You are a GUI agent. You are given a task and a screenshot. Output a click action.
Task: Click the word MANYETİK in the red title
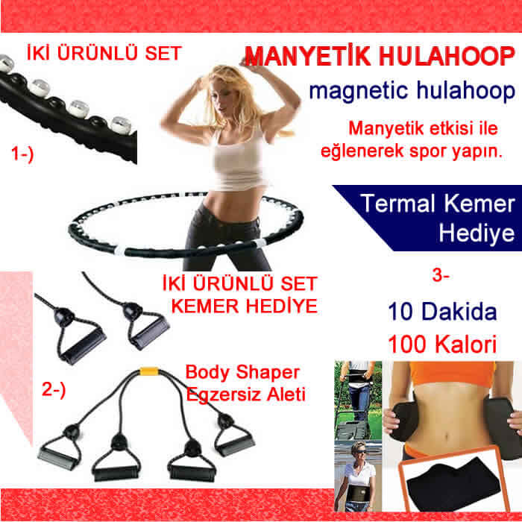pos(307,57)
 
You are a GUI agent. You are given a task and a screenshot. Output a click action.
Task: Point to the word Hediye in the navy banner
pos(477,233)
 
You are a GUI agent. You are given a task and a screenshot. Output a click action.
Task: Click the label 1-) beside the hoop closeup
pos(22,154)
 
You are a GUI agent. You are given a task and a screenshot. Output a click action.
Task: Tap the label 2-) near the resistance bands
pos(54,389)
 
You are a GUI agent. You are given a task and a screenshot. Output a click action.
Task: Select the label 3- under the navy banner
pos(441,275)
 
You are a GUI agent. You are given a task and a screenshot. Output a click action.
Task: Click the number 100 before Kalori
pos(407,345)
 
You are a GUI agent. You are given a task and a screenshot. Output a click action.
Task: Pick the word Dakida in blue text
pos(459,312)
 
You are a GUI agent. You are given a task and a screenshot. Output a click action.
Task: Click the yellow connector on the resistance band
pos(149,371)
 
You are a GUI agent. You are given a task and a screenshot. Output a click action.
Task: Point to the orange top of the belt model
pos(451,373)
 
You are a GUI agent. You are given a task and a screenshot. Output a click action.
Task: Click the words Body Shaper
pos(242,372)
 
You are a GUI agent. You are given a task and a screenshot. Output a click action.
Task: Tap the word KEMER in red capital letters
pos(205,306)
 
